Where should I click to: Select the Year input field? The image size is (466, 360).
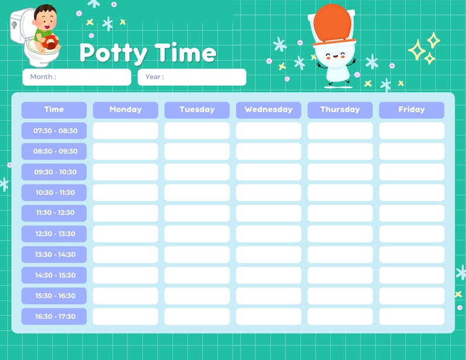[x=192, y=77]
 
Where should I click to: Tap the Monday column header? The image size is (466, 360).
[x=125, y=110]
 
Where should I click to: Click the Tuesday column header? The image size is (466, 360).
[x=197, y=110]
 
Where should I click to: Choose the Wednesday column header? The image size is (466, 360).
[x=268, y=110]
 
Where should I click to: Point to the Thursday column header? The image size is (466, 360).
[x=340, y=110]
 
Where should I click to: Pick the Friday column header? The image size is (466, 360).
[x=411, y=110]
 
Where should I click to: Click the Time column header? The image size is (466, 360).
[x=54, y=110]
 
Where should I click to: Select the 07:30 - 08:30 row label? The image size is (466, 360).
[x=54, y=130]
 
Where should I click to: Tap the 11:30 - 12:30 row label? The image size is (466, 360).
[x=54, y=213]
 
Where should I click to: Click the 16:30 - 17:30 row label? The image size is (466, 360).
[x=54, y=317]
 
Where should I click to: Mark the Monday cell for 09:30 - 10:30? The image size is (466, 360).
[x=125, y=172]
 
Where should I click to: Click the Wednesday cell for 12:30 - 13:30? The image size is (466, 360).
[x=268, y=234]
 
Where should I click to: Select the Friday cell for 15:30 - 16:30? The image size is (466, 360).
[x=411, y=296]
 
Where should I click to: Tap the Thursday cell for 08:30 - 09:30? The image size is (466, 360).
[x=340, y=152]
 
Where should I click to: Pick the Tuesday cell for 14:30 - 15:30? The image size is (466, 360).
[x=197, y=275]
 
